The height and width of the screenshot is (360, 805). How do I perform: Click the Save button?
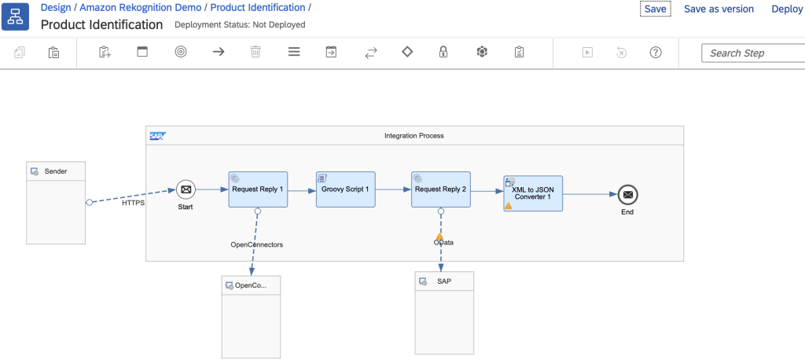tap(655, 9)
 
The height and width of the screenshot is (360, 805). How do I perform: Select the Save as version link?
tap(719, 9)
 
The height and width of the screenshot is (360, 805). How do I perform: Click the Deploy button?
tap(787, 9)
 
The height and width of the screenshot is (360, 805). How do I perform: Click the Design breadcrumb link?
tap(56, 7)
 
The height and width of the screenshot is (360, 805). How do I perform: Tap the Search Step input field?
tap(751, 53)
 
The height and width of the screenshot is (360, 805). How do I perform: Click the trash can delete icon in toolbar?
tap(255, 52)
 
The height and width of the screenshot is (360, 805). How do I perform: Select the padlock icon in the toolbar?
tap(443, 52)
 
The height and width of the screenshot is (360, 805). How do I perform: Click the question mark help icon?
tap(656, 52)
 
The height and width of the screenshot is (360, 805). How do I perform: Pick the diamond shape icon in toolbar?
tap(406, 52)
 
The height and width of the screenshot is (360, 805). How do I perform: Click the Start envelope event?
tap(186, 189)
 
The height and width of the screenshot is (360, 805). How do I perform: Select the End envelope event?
tap(627, 194)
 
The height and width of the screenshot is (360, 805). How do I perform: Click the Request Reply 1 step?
tap(258, 189)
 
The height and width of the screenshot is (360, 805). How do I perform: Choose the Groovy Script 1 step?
tap(345, 189)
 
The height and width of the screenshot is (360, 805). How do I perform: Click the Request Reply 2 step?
tap(440, 189)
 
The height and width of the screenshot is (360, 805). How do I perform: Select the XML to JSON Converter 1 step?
tap(533, 193)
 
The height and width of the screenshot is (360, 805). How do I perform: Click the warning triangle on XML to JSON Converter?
tap(508, 206)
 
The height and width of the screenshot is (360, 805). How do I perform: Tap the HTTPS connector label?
tap(134, 203)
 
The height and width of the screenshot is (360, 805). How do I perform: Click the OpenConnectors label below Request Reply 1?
tap(256, 244)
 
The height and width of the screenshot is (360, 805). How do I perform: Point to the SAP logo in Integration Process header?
tap(157, 136)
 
